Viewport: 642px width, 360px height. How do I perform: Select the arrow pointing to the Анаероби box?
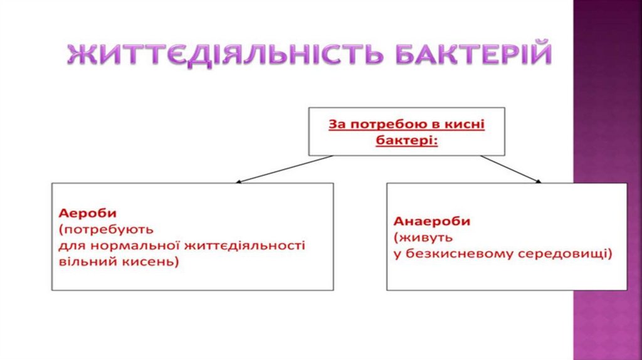point(510,169)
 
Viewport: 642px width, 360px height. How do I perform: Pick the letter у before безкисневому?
point(397,255)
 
